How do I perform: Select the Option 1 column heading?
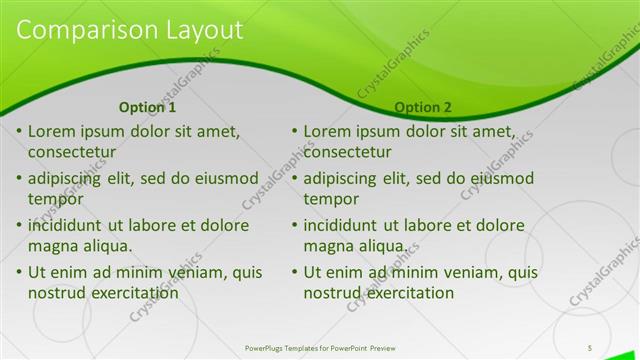click(x=147, y=107)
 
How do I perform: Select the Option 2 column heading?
click(x=422, y=107)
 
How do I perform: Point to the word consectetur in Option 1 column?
click(x=72, y=152)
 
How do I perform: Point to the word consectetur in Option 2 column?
click(x=347, y=152)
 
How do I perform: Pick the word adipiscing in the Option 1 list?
click(x=67, y=179)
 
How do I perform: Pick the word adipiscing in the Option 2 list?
click(x=342, y=179)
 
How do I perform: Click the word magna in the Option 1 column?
click(x=52, y=246)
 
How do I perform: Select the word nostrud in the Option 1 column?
click(x=58, y=293)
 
